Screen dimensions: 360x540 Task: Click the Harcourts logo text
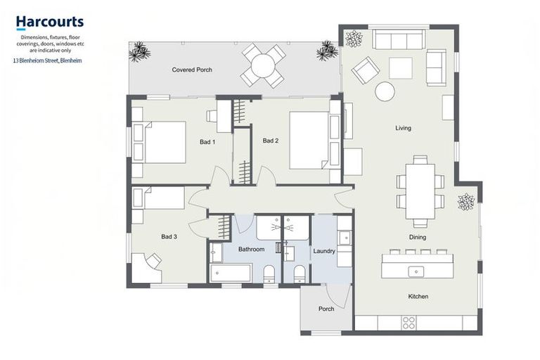[x=49, y=22]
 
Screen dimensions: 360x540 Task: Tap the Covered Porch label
[x=192, y=70]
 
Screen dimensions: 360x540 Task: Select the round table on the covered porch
[x=263, y=66]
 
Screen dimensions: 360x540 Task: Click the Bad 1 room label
[x=207, y=142]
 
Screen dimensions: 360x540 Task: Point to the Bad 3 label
[x=169, y=236]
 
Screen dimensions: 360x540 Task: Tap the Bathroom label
[x=251, y=250]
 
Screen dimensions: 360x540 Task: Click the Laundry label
[x=324, y=251]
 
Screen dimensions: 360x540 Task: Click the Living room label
[x=403, y=128]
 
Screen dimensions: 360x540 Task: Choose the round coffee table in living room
[x=385, y=91]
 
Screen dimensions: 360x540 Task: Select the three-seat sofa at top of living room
[x=398, y=39]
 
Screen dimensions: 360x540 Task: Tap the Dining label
[x=417, y=237]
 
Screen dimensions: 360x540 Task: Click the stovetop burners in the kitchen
[x=408, y=323]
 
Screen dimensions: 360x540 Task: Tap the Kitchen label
[x=418, y=296]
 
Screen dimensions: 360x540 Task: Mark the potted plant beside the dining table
[x=466, y=202]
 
